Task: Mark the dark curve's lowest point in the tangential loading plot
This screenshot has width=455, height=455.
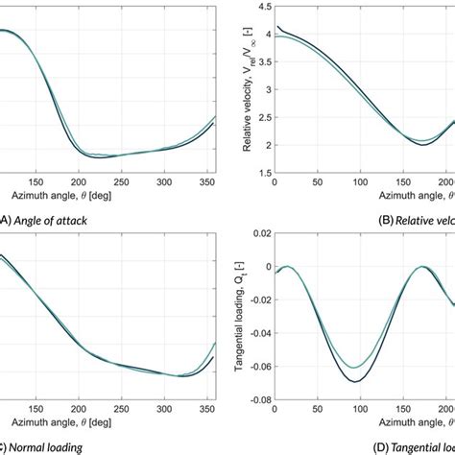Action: [x=357, y=382]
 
